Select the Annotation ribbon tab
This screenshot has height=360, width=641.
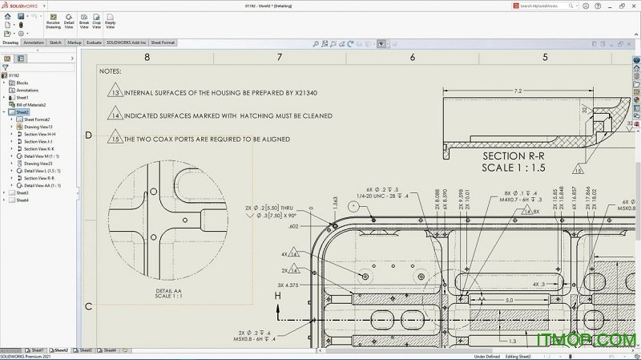tap(34, 42)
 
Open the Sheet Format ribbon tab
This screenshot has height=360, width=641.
tap(163, 42)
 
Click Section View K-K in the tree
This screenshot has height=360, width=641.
tap(39, 148)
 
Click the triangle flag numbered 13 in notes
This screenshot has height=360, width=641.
tap(115, 93)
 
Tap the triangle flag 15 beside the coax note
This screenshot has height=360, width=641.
tap(115, 139)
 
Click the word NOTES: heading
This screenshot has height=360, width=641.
tap(111, 71)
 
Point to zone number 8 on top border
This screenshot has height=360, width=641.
tap(147, 57)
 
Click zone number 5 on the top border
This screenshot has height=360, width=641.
tap(545, 57)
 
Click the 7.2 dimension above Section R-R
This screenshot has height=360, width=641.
tap(518, 91)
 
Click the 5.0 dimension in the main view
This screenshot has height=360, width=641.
tap(508, 301)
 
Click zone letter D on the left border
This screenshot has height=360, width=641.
tap(88, 135)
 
